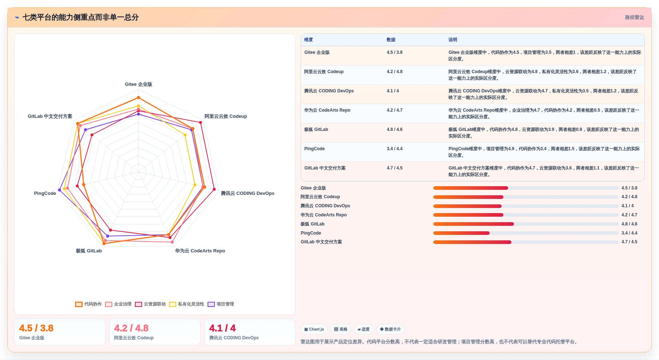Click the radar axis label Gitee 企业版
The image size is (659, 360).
click(x=138, y=84)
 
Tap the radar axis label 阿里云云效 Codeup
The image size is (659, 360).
click(x=226, y=116)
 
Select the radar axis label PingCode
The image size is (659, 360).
click(x=45, y=193)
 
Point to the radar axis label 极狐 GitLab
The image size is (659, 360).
click(x=89, y=251)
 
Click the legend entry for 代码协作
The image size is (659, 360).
click(x=89, y=304)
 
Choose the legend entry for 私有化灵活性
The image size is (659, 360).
click(x=187, y=304)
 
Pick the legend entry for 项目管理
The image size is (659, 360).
click(x=221, y=304)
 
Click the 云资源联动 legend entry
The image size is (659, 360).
click(x=150, y=304)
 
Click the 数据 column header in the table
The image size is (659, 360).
click(x=391, y=40)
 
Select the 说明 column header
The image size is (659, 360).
click(x=453, y=40)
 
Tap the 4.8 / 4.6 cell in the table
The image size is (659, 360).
click(x=395, y=129)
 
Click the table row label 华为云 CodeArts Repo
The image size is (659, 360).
click(x=327, y=110)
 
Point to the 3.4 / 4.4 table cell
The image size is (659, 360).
click(x=395, y=149)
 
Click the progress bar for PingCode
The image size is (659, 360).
click(x=526, y=233)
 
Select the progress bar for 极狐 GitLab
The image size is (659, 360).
click(x=526, y=224)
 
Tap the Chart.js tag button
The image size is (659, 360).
click(x=314, y=329)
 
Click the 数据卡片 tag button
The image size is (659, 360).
click(x=390, y=329)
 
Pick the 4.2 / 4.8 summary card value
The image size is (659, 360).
click(x=131, y=328)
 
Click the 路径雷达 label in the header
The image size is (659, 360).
click(x=635, y=17)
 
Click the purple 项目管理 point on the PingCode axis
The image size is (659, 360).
click(x=60, y=190)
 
